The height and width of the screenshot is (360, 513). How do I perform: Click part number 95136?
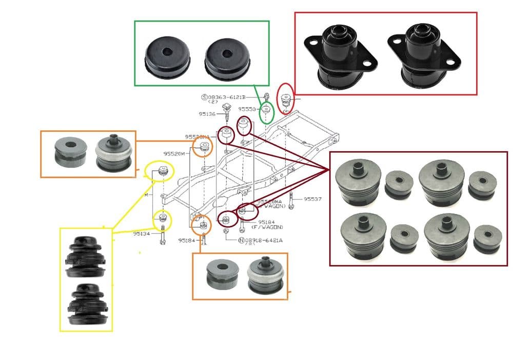pyautogui.click(x=207, y=114)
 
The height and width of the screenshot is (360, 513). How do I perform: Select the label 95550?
pyautogui.click(x=247, y=109)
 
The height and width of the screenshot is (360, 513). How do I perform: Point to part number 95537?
pyautogui.click(x=311, y=198)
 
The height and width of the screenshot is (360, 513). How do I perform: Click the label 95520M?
pyautogui.click(x=174, y=153)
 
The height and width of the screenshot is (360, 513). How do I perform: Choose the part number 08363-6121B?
pyautogui.click(x=226, y=96)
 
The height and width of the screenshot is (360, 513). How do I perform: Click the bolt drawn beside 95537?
pyautogui.click(x=291, y=199)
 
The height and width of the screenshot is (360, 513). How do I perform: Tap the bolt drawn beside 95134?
pyautogui.click(x=163, y=235)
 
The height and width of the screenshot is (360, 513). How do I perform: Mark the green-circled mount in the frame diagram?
pyautogui.click(x=266, y=110)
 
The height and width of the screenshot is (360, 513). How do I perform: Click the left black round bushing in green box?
pyautogui.click(x=167, y=57)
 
